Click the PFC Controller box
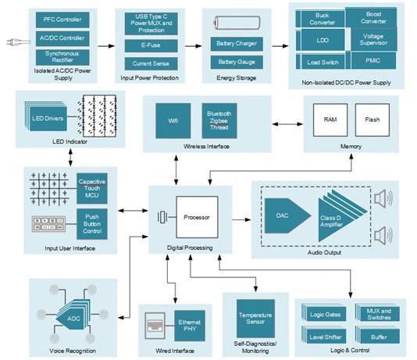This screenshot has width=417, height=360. pyautogui.click(x=62, y=20)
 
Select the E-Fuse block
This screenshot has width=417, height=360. pyautogui.click(x=151, y=45)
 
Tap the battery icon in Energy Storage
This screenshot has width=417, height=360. pyautogui.click(x=237, y=23)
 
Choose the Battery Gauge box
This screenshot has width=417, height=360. pyautogui.click(x=237, y=62)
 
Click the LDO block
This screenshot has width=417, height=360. pyautogui.click(x=323, y=40)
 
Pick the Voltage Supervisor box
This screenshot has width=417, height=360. pyautogui.click(x=373, y=40)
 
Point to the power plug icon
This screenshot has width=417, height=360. pyautogui.click(x=18, y=42)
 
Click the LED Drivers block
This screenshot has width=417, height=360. pyautogui.click(x=48, y=119)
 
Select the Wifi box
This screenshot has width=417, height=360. pyautogui.click(x=173, y=121)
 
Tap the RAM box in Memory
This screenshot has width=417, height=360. pyautogui.click(x=330, y=120)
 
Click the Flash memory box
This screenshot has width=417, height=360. pyautogui.click(x=372, y=120)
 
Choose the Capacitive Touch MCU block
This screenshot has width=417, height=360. pyautogui.click(x=92, y=188)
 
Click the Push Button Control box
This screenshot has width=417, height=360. pyautogui.click(x=92, y=224)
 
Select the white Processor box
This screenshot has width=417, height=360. pyautogui.click(x=197, y=217)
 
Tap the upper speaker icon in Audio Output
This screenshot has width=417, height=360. pyautogui.click(x=383, y=198)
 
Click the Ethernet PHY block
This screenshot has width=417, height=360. pyautogui.click(x=190, y=326)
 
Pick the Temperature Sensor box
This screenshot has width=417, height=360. pyautogui.click(x=255, y=319)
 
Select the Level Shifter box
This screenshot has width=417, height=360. pyautogui.click(x=326, y=336)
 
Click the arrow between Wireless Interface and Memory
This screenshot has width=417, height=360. pyautogui.click(x=287, y=124)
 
